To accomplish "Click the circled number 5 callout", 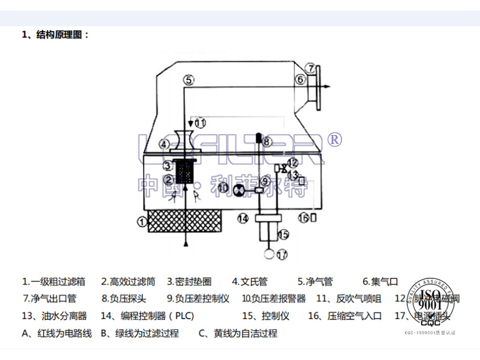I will coord(188,79).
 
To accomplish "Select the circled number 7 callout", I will coord(310,67).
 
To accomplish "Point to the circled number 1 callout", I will coord(142,221).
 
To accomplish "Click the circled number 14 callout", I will coord(242,218).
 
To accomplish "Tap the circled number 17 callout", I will coord(281,254).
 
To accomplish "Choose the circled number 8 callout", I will coord(268,142).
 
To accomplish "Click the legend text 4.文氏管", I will coord(250,281).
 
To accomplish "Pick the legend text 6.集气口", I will coord(380,281).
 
